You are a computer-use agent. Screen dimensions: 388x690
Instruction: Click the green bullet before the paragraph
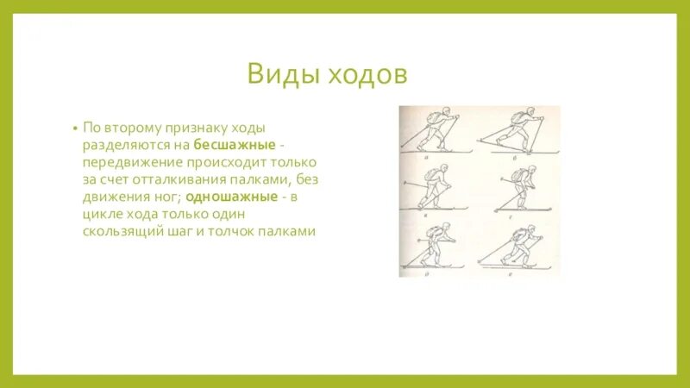77,127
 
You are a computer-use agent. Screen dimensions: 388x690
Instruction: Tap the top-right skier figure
515,131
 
